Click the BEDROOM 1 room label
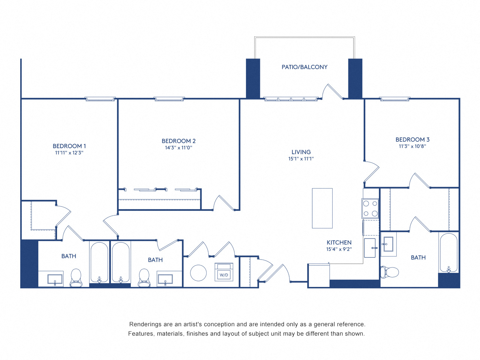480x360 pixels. pos(69,146)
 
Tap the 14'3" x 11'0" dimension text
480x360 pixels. pos(178,148)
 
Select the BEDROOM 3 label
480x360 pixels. pos(412,139)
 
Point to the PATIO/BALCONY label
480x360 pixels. pos(304,67)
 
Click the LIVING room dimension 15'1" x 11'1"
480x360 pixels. pos(301,159)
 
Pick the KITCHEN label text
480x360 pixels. pos(339,243)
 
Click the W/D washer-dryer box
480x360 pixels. pos(224,272)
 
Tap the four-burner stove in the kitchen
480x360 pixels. pos(370,208)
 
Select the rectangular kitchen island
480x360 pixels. pos(322,208)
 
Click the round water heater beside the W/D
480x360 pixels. pos(198,273)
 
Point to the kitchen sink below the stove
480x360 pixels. pos(370,248)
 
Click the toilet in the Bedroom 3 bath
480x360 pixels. pos(390,271)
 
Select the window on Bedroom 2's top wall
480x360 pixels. pos(169,99)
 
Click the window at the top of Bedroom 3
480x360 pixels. pos(394,99)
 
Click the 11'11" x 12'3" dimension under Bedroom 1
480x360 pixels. pos(69,153)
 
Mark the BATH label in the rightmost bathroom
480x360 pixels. pos(418,258)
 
